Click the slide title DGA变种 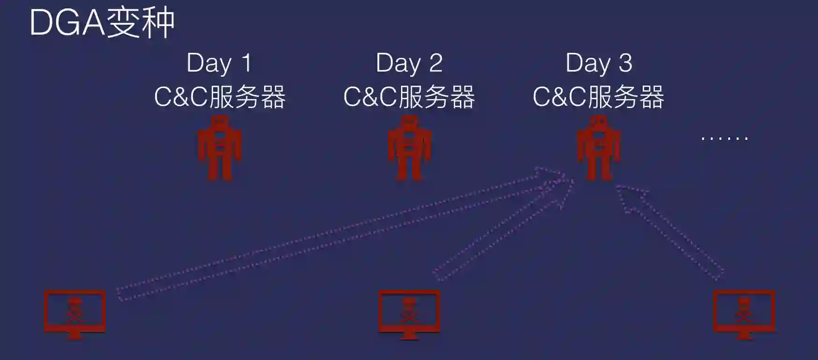102,22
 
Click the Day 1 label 219,63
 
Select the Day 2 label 409,63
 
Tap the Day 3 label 599,63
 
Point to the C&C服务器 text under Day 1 220,97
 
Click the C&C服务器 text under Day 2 409,97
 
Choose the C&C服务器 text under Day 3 598,97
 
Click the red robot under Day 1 220,149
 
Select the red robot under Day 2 409,149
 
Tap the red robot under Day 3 599,149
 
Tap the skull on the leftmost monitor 75,309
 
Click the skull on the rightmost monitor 744,309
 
